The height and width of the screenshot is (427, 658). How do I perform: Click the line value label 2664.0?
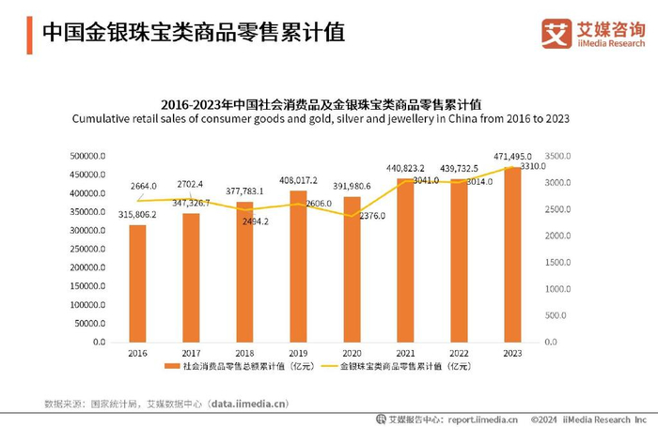pyautogui.click(x=143, y=186)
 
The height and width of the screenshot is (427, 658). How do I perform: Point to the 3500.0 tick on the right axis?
pyautogui.click(x=559, y=157)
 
